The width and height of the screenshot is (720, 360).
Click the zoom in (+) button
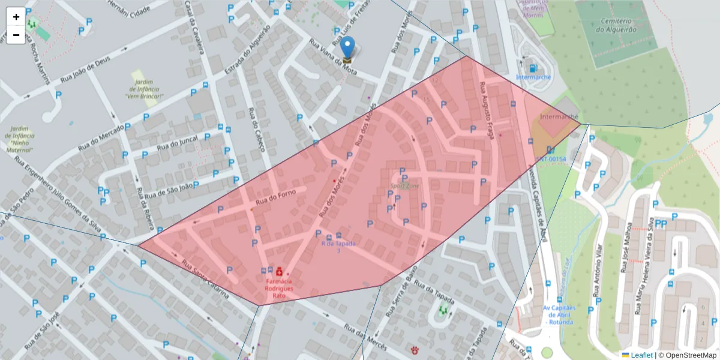pos(16,17)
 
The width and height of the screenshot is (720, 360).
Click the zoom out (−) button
pos(16,35)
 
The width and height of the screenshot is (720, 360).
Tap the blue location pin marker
pos(347,47)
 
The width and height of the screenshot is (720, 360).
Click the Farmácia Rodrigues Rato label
pos(279,288)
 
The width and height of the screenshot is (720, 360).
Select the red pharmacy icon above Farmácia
pos(279,272)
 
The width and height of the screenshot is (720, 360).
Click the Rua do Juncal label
pos(177,143)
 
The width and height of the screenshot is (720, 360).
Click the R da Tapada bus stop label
pos(338,247)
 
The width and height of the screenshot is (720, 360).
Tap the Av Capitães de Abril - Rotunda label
pos(559,315)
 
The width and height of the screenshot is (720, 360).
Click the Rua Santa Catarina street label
pos(205,280)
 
